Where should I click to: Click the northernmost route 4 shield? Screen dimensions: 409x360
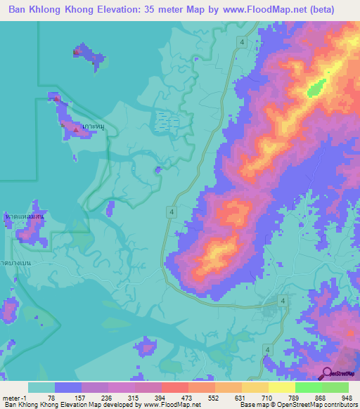coord(242,43)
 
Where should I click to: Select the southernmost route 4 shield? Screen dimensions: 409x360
coord(267,349)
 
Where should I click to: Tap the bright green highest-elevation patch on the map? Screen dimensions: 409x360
coord(316,87)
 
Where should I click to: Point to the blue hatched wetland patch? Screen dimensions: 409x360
coord(166,122)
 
